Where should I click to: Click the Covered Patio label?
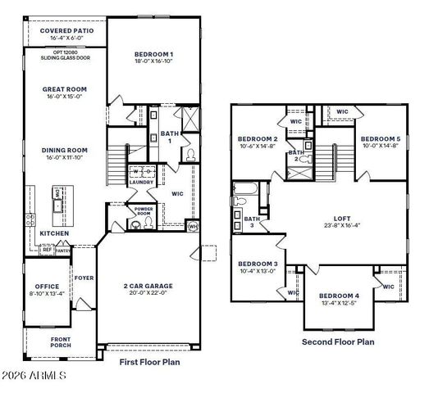point(66,30)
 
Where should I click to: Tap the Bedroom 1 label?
point(154,54)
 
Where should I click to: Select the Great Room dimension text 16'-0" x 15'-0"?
point(65,97)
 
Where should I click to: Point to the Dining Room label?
point(65,150)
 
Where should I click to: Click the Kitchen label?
point(54,233)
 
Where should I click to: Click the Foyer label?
point(84,278)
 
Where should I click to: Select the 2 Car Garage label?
point(148,287)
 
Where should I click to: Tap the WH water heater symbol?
point(193,226)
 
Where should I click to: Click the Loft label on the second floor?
point(343,218)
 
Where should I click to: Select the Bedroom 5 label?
point(381,138)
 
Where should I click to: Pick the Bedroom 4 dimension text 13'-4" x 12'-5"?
point(339,303)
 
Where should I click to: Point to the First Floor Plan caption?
point(150,361)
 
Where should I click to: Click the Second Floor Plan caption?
point(338,341)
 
